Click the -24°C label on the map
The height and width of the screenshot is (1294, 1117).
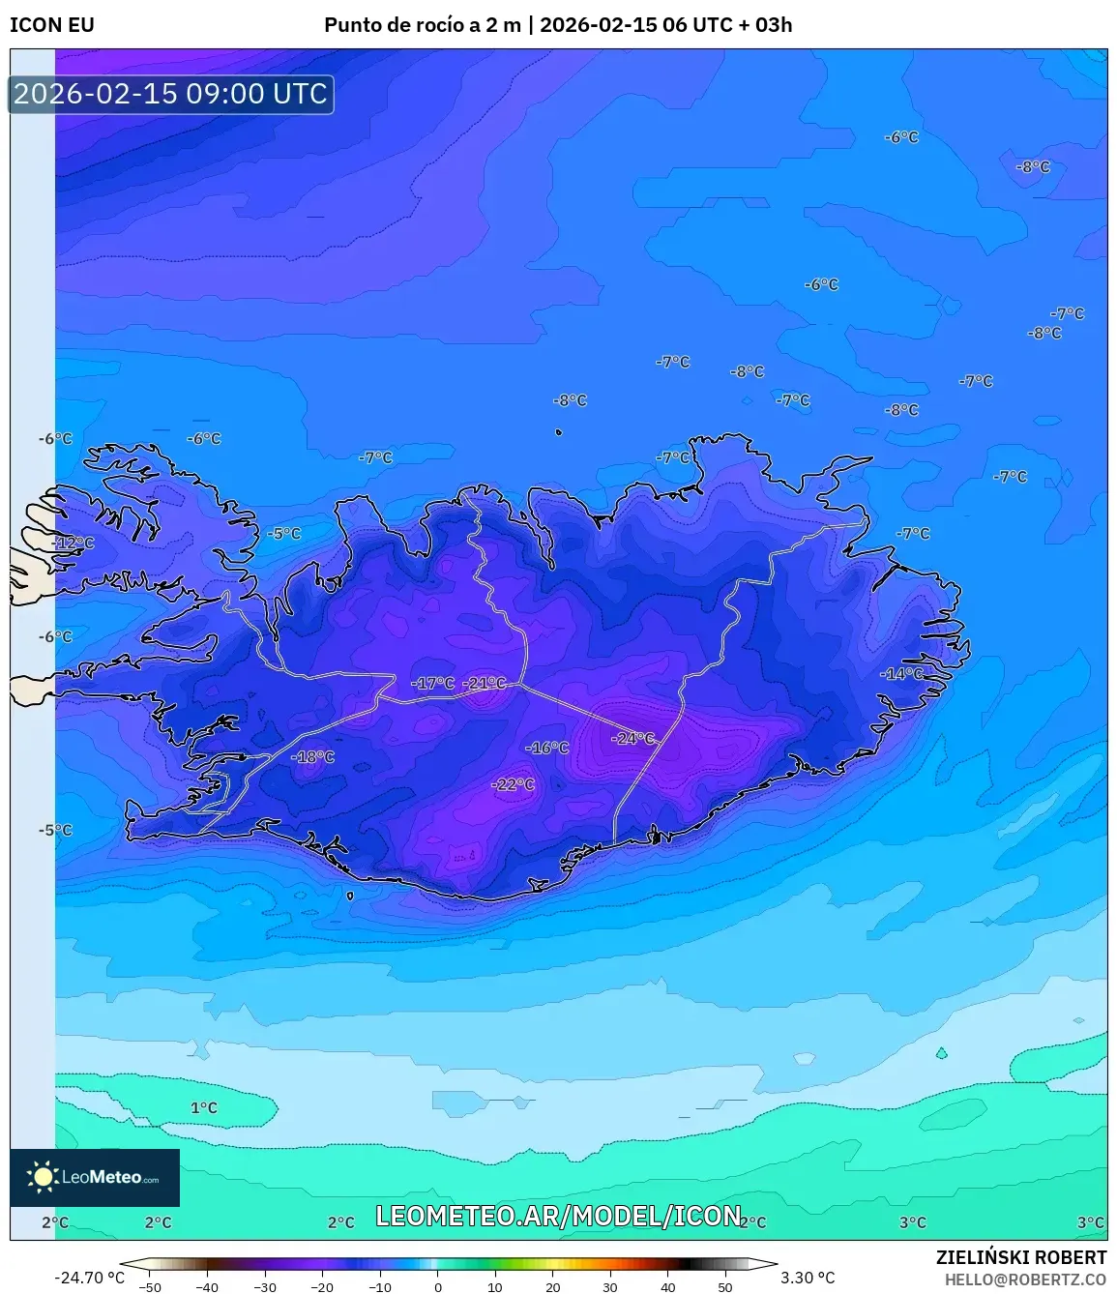pyautogui.click(x=633, y=739)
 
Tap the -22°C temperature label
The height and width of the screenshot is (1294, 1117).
pyautogui.click(x=514, y=784)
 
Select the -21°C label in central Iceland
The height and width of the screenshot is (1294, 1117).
pyautogui.click(x=485, y=684)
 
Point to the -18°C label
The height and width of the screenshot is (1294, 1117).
pyautogui.click(x=313, y=757)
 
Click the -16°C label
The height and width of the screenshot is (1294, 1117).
pyautogui.click(x=547, y=748)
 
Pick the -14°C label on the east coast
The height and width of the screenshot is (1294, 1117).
pyautogui.click(x=902, y=674)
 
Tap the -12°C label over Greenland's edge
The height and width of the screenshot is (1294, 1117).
pyautogui.click(x=73, y=544)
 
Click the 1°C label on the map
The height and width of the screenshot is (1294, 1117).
pyautogui.click(x=204, y=1107)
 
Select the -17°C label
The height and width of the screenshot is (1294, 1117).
pyautogui.click(x=432, y=684)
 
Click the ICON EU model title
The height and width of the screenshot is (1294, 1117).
pyautogui.click(x=52, y=25)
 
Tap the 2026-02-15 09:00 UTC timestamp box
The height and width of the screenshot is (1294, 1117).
pyautogui.click(x=171, y=94)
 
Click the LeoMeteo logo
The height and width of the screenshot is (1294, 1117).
pyautogui.click(x=95, y=1177)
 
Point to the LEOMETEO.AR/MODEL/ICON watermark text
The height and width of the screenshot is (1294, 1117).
pyautogui.click(x=558, y=1216)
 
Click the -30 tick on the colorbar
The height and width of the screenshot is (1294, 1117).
pyautogui.click(x=265, y=1287)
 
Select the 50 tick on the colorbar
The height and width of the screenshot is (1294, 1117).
pyautogui.click(x=724, y=1287)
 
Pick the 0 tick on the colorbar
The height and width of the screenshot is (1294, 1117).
pyautogui.click(x=437, y=1287)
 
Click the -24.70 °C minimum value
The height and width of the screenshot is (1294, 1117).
pyautogui.click(x=89, y=1278)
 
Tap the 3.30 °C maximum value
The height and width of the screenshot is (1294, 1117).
pyautogui.click(x=808, y=1278)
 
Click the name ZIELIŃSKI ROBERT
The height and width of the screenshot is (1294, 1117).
pyautogui.click(x=1020, y=1257)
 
